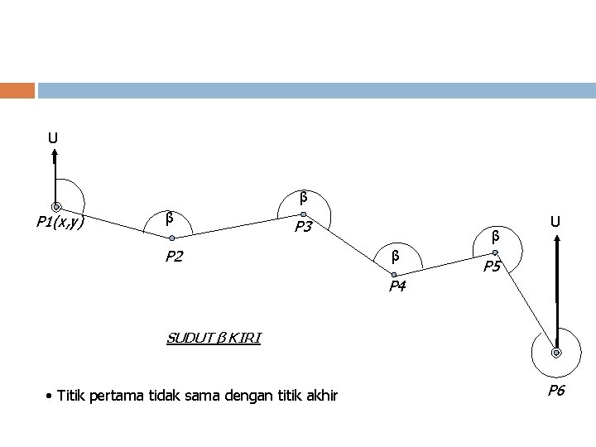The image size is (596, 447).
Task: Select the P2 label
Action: tap(173, 256)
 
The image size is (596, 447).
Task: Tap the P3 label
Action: tap(302, 227)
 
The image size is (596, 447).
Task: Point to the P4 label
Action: tap(397, 286)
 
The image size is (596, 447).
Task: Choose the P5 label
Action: tap(493, 267)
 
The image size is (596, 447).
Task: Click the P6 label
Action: tap(555, 390)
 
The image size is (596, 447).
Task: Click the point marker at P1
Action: tap(55, 206)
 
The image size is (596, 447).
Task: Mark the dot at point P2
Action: tap(172, 238)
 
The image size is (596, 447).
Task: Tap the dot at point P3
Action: tap(303, 213)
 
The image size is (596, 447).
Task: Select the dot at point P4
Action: tap(395, 273)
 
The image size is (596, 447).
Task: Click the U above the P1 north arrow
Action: tap(52, 137)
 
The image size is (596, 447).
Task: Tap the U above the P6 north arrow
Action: tap(557, 221)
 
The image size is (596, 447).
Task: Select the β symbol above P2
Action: tap(169, 219)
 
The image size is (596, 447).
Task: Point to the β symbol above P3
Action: tap(303, 197)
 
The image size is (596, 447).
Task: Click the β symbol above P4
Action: tap(395, 255)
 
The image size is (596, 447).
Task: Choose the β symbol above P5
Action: tap(495, 236)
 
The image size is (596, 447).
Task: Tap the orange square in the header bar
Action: tap(17, 89)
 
